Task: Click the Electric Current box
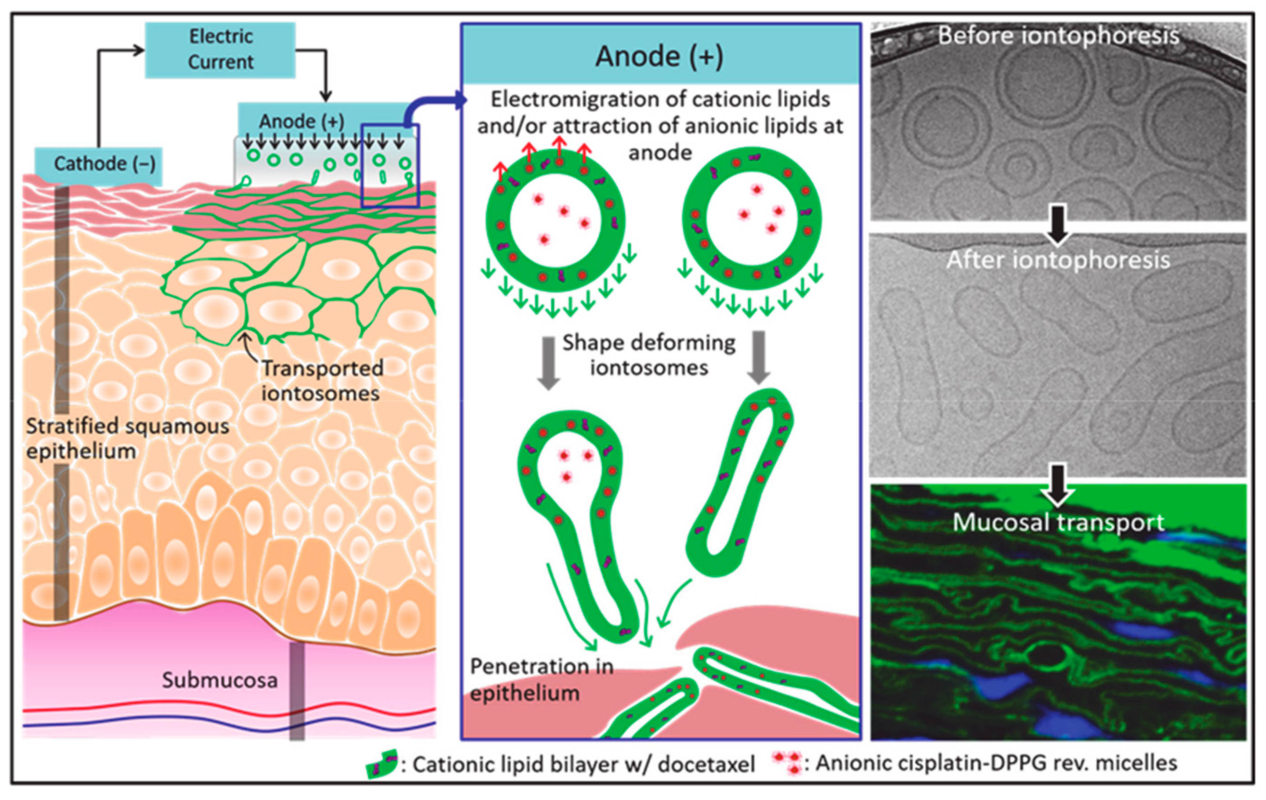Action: click(x=220, y=50)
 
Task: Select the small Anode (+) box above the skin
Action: click(x=301, y=121)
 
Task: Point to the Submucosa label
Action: click(x=219, y=680)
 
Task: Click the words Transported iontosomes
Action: click(x=322, y=381)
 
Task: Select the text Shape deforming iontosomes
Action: click(x=649, y=354)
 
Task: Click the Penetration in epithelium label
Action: click(x=541, y=679)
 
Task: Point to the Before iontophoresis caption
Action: click(x=1058, y=36)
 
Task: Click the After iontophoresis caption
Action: click(x=1058, y=260)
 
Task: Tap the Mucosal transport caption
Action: click(x=1058, y=522)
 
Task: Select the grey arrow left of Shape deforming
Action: click(x=548, y=363)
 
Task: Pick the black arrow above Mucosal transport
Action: click(x=1058, y=483)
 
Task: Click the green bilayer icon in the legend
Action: click(x=381, y=764)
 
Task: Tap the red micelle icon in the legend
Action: click(x=786, y=762)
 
